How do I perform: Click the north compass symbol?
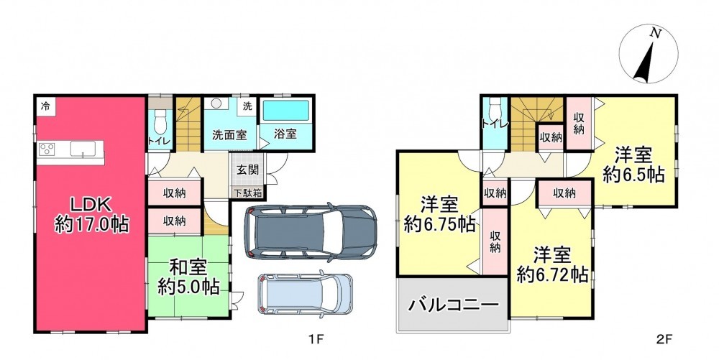click(649, 54)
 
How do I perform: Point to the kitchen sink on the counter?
click(83, 149)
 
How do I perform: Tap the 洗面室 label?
click(229, 134)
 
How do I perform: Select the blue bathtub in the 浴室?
click(286, 111)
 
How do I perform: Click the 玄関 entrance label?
click(247, 170)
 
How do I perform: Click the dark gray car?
click(310, 233)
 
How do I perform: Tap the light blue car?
click(305, 294)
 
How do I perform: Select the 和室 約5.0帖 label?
click(188, 277)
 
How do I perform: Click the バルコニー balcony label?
click(454, 304)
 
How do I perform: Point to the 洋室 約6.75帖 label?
click(439, 215)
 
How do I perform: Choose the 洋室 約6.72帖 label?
click(552, 264)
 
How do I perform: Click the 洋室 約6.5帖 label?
click(633, 165)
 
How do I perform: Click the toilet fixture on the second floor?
click(495, 109)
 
